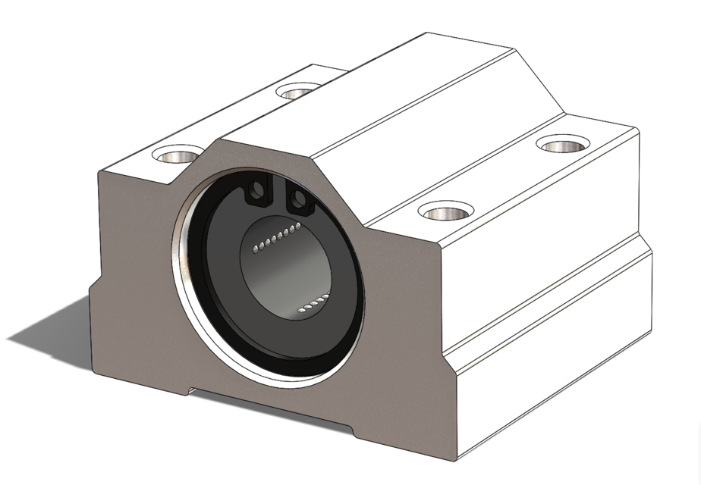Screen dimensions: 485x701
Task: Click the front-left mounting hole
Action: pos(177,155)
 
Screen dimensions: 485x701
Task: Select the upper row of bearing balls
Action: pos(275,237)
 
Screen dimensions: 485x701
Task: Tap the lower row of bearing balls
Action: pos(313,302)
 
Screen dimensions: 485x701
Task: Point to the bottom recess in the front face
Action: pos(269,405)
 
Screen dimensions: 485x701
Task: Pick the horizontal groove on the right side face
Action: pos(546,299)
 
